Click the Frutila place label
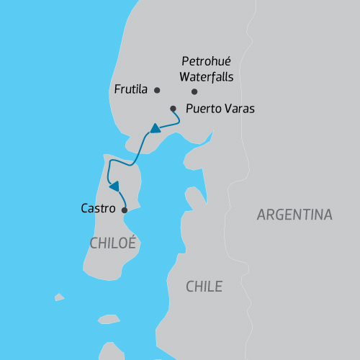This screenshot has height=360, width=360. [130, 90]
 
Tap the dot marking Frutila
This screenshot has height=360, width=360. [158, 90]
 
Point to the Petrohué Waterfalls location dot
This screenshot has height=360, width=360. [194, 91]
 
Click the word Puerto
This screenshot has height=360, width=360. [203, 109]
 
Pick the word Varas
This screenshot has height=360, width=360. [239, 109]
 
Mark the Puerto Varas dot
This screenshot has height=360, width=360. [173, 109]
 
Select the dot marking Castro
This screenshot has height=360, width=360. [125, 210]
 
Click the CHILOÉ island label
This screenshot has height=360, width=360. [113, 243]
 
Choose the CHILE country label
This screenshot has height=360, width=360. [204, 287]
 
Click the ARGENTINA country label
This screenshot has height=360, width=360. [294, 215]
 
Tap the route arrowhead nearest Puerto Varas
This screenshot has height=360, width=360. [154, 130]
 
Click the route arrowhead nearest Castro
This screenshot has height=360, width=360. [114, 186]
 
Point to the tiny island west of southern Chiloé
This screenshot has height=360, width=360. [59, 297]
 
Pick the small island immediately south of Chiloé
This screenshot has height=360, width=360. [107, 321]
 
